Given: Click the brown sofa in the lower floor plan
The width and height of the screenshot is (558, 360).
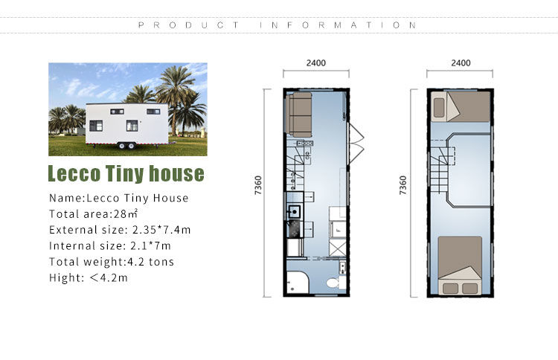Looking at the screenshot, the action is tap(299, 115).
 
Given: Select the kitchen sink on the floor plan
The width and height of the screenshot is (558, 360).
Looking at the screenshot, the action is tap(295, 212).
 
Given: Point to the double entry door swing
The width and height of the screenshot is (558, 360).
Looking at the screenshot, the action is tap(356, 144).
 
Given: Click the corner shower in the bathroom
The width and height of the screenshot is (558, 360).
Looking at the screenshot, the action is tap(298, 283).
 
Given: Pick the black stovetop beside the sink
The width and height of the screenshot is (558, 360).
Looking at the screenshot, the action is tap(295, 228).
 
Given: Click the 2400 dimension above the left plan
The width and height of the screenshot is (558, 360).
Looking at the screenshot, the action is tap(316, 63).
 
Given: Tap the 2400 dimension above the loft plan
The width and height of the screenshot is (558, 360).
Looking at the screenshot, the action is tap(461, 63).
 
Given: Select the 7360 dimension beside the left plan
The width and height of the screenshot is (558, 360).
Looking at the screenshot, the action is tap(258, 185).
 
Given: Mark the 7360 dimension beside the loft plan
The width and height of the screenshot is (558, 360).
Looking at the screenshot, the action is tap(403, 185).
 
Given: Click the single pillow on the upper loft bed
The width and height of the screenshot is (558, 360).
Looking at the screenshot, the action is tap(439, 107).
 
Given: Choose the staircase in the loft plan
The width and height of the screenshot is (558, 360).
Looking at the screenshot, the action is tap(440, 167).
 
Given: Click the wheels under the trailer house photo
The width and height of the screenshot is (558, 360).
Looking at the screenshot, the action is tap(127, 146).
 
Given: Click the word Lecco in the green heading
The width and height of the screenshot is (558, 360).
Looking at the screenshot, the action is tap(74, 173).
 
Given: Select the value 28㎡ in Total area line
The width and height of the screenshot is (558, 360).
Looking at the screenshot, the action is tap(125, 213).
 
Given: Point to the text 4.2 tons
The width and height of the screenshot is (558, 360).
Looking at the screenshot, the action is tap(150, 262).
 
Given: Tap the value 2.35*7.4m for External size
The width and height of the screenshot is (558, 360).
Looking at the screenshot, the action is tap(161, 230).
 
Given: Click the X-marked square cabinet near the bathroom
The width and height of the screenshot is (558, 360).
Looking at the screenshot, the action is tap(337, 248).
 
